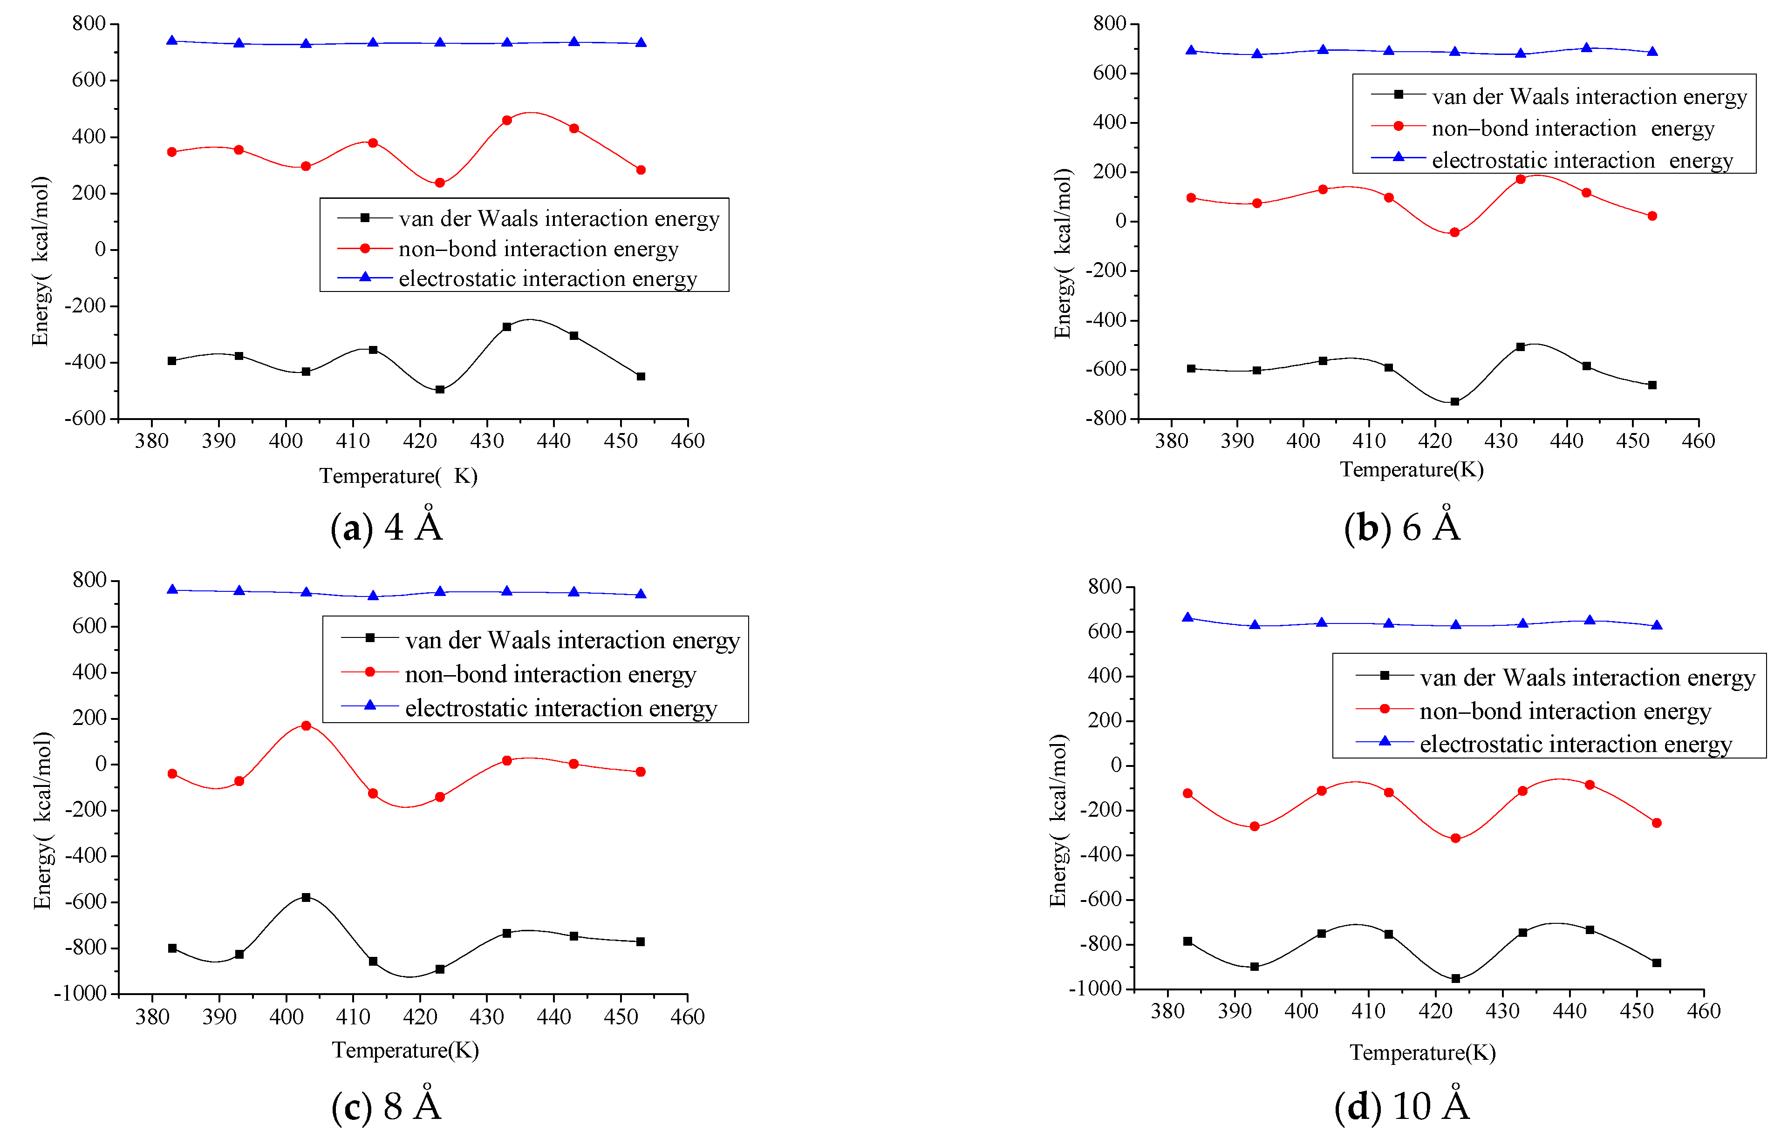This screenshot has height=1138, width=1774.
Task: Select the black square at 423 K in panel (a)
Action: coord(440,389)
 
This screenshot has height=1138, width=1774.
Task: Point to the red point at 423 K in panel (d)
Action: coord(1455,839)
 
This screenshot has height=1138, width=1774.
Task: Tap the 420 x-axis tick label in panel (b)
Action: coord(1435,441)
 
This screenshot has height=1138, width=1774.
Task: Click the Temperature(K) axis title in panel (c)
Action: coord(405,1050)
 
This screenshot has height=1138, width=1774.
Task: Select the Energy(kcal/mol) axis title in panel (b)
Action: coord(1062,253)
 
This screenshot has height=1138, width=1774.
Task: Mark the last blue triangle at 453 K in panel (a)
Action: coord(641,43)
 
